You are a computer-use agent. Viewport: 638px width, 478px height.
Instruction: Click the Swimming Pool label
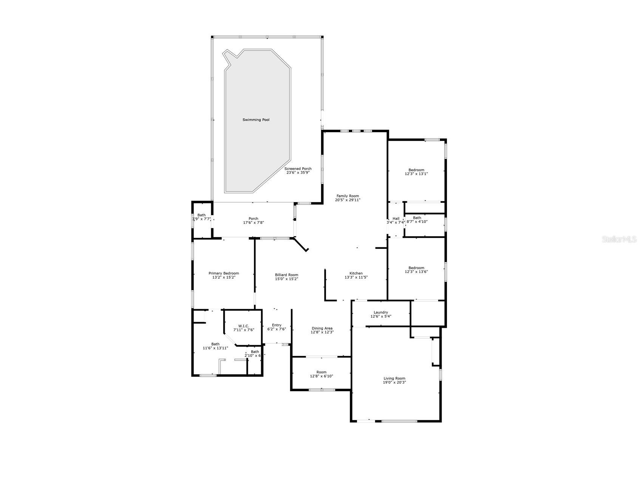pos(256,120)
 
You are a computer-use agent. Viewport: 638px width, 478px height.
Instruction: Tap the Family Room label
pos(348,196)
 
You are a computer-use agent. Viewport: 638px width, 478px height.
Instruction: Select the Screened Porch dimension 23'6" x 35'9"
pos(298,173)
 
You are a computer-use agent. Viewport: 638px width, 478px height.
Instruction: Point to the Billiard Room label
pos(286,275)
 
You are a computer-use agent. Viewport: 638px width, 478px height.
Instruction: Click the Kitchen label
pos(356,273)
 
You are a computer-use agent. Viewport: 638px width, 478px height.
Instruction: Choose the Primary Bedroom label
pos(224,273)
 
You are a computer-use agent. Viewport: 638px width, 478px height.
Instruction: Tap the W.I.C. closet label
pos(243,326)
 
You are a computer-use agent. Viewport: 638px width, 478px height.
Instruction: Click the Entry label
pos(277,325)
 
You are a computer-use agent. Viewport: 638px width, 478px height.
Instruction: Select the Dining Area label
pos(322,328)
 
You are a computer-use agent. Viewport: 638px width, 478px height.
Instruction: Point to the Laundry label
pos(381,312)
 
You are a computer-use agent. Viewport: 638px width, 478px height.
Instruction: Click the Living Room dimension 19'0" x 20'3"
pos(394,382)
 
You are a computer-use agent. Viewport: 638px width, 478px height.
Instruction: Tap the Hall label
pos(396,219)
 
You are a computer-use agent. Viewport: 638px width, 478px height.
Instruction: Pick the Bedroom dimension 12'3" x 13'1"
pos(416,174)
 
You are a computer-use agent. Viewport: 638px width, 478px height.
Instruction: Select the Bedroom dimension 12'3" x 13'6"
pos(416,271)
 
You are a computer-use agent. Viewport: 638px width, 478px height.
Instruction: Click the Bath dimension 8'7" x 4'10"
pos(417,222)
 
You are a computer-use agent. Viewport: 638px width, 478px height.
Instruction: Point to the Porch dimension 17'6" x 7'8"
pos(253,222)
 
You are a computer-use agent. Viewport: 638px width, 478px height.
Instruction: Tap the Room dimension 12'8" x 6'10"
pos(321,376)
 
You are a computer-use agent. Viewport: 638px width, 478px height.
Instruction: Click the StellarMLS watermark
pos(619,239)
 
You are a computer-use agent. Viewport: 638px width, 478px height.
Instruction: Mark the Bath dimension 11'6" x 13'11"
pos(215,348)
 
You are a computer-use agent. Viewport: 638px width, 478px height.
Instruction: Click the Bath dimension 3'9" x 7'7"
pos(201,219)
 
